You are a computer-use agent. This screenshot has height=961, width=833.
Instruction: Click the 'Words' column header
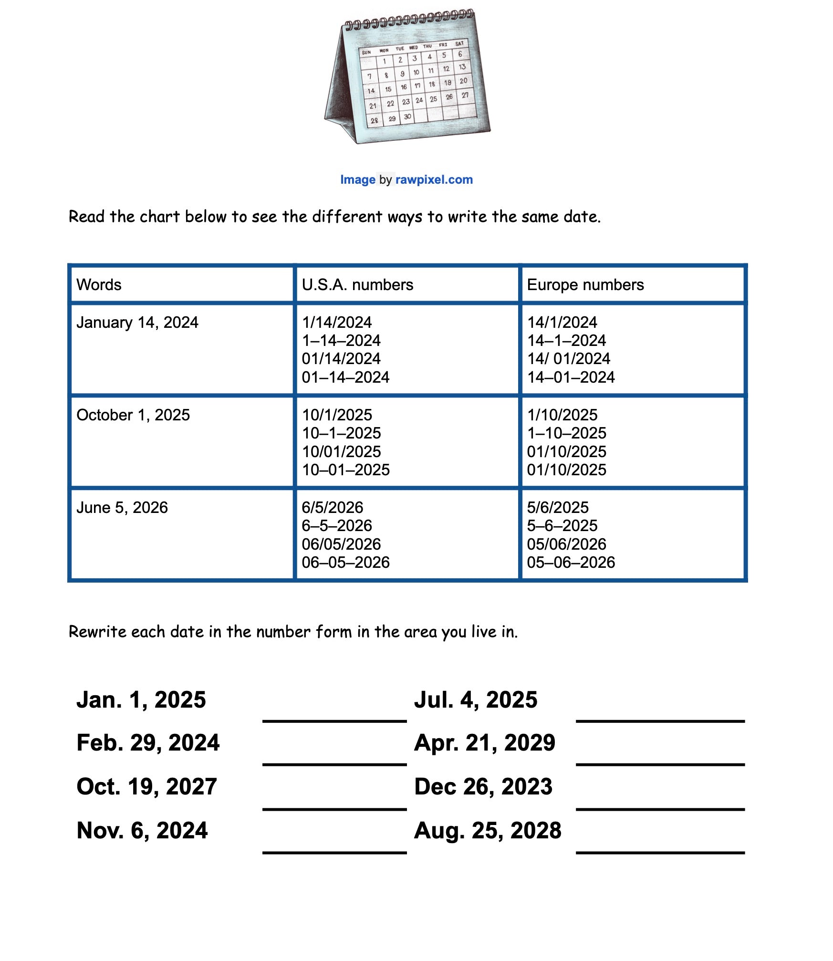[x=99, y=285]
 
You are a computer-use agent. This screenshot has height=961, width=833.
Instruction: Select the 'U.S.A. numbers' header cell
[x=357, y=285]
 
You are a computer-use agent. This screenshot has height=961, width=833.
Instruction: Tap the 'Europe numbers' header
[x=585, y=285]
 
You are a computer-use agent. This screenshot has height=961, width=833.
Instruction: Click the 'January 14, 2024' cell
[x=137, y=323]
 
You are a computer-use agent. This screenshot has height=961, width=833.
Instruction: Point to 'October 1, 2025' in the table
[x=133, y=415]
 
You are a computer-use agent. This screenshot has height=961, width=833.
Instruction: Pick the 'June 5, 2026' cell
[x=122, y=508]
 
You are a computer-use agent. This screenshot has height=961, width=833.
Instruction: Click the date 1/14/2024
[x=337, y=323]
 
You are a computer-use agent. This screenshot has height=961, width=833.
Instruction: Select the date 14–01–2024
[x=571, y=377]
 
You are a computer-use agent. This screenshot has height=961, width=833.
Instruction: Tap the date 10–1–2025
[x=342, y=433]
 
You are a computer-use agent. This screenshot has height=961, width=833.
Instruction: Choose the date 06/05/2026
[x=342, y=544]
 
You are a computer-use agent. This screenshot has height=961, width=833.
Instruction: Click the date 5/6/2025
[x=558, y=508]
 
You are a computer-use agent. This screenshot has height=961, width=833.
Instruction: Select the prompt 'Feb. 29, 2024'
[x=148, y=743]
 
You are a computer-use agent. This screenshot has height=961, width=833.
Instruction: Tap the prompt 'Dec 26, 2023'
[x=483, y=787]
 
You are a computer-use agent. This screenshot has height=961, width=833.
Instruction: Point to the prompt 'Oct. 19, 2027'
[x=146, y=787]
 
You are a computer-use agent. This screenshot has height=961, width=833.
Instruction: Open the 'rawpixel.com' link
[x=434, y=180]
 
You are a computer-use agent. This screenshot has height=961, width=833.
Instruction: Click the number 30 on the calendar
[x=407, y=117]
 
